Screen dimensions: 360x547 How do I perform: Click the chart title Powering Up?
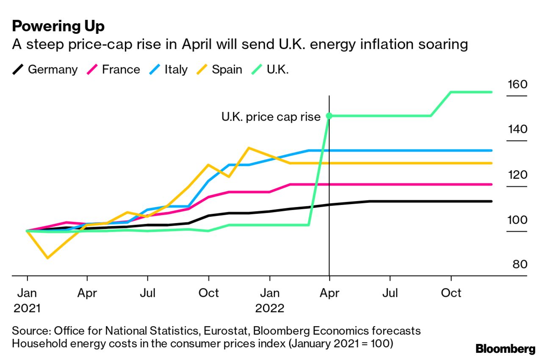pos(58,26)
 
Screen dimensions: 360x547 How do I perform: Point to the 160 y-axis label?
pos(517,84)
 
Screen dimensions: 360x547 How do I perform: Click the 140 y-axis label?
pos(517,129)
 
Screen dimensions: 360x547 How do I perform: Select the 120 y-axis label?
pos(517,174)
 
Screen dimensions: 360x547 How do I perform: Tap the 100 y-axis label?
pos(517,220)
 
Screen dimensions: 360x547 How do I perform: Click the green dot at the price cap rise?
pos(329,116)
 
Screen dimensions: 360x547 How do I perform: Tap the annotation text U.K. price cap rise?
pos(271,117)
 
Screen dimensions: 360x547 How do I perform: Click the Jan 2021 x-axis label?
pos(27,300)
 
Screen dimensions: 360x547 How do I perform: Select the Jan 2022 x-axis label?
pos(270,300)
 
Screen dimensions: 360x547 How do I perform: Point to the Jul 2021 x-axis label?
pos(147,293)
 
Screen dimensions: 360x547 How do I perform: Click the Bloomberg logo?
pos(506,349)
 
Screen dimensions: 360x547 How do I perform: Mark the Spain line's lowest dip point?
pos(47,258)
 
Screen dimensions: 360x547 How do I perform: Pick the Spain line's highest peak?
pos(249,148)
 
